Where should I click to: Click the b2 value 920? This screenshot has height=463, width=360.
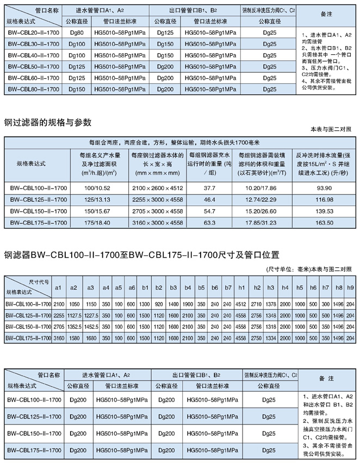pos(159,303)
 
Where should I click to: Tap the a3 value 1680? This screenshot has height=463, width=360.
pos(91,338)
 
